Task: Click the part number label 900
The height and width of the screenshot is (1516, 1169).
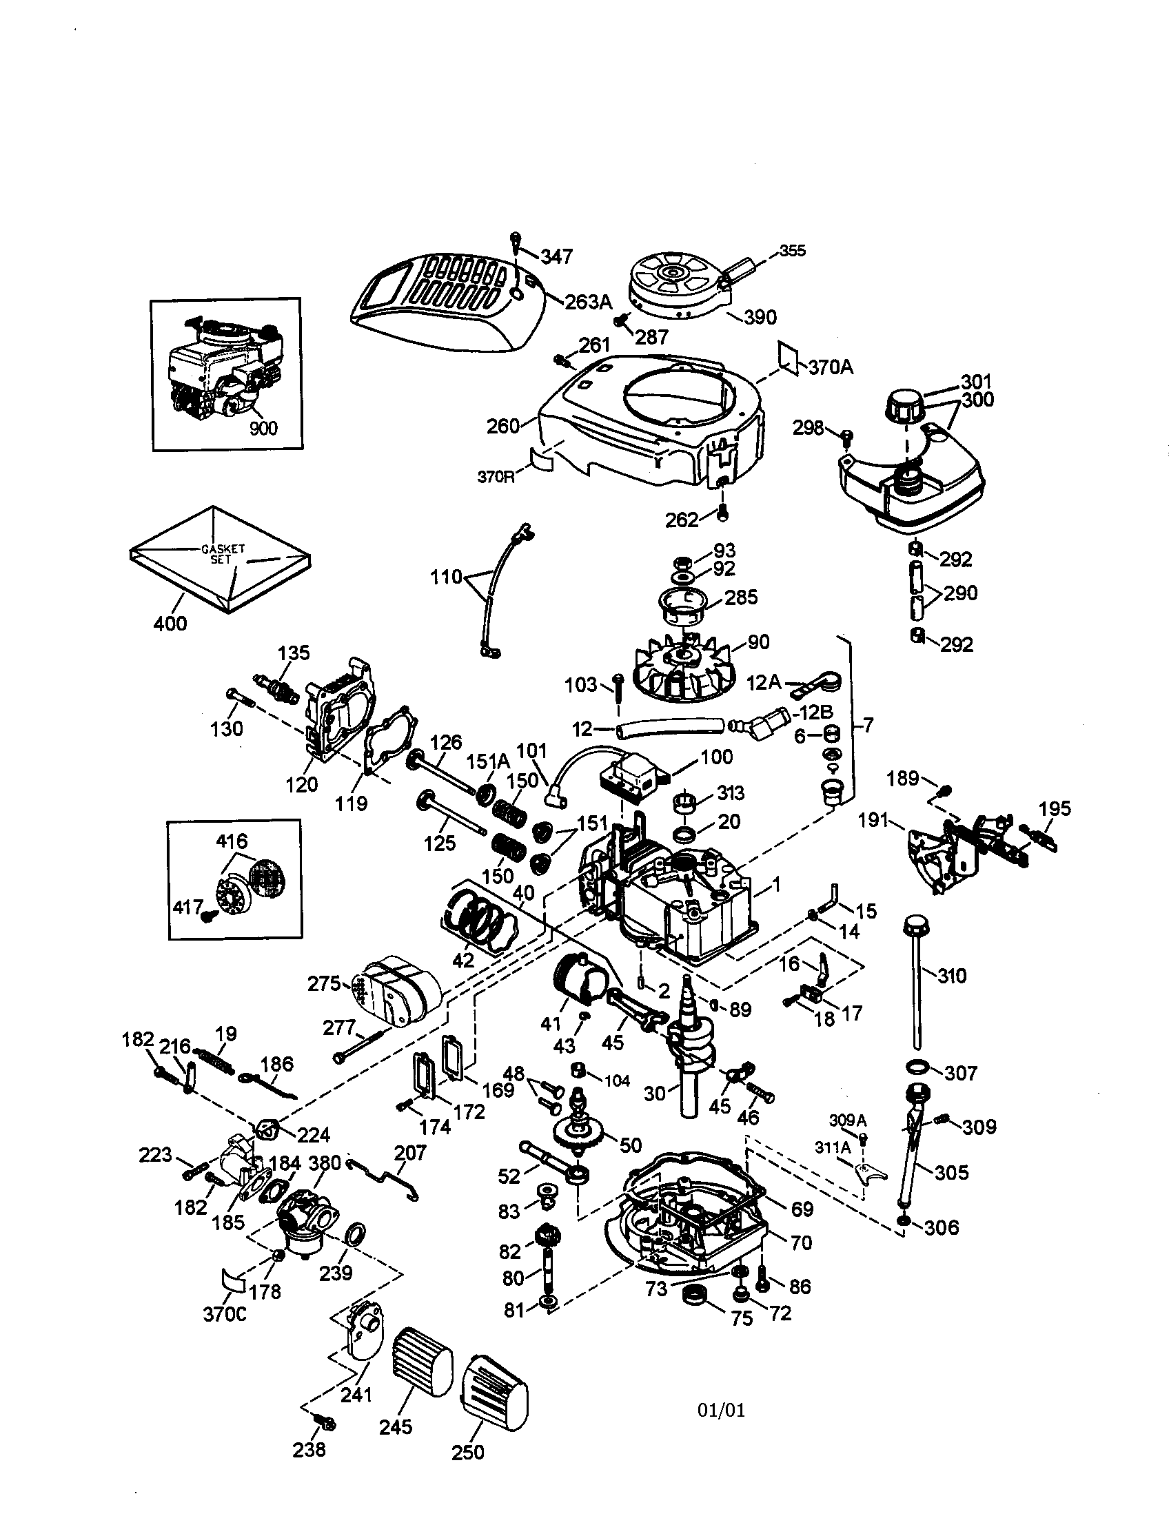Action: (263, 428)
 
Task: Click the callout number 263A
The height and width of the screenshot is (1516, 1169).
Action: (589, 301)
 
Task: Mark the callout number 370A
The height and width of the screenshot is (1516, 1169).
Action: (831, 367)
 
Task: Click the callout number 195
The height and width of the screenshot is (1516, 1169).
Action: (1055, 809)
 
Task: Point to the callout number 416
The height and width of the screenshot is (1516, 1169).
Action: (231, 841)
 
